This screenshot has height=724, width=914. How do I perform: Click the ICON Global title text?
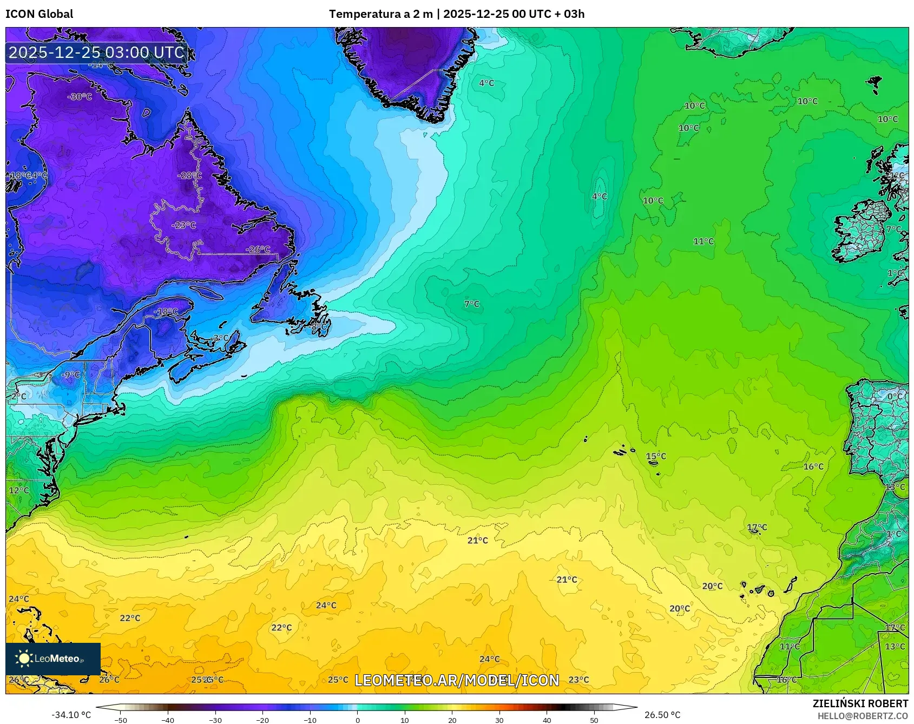pyautogui.click(x=39, y=14)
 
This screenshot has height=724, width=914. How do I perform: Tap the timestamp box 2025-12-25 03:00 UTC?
pyautogui.click(x=96, y=52)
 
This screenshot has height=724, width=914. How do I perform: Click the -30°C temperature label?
pyautogui.click(x=80, y=97)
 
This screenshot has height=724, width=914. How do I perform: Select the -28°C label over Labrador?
pyautogui.click(x=189, y=175)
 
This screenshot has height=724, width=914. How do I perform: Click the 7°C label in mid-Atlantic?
pyautogui.click(x=472, y=304)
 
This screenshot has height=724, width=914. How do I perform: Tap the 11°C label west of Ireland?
pyautogui.click(x=703, y=241)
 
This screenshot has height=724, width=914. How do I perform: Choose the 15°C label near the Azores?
pyautogui.click(x=656, y=456)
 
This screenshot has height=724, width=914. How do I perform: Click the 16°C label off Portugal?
pyautogui.click(x=813, y=466)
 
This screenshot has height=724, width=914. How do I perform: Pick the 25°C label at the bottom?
pyautogui.click(x=338, y=680)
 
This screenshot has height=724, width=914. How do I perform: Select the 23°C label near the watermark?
pyautogui.click(x=578, y=680)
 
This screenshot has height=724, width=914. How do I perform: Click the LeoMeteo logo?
pyautogui.click(x=53, y=659)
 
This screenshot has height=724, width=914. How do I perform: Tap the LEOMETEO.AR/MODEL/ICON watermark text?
pyautogui.click(x=457, y=680)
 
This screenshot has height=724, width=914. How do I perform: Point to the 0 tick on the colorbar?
pyautogui.click(x=357, y=720)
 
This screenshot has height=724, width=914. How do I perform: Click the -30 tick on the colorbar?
pyautogui.click(x=215, y=720)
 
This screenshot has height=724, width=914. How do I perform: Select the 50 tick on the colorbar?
pyautogui.click(x=594, y=720)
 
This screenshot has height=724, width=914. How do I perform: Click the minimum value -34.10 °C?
pyautogui.click(x=71, y=715)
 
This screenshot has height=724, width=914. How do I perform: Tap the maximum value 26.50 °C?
pyautogui.click(x=662, y=715)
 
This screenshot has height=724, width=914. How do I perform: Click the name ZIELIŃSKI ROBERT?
pyautogui.click(x=860, y=703)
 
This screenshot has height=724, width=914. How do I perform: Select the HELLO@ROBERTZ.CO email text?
pyautogui.click(x=863, y=716)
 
